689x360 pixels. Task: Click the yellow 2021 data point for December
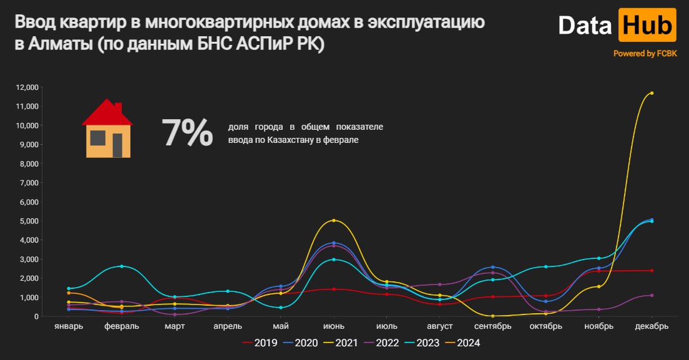click(x=652, y=93)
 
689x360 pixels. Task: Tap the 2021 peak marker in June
click(x=334, y=220)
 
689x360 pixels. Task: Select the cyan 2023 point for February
click(x=122, y=266)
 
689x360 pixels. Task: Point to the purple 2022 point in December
click(x=652, y=295)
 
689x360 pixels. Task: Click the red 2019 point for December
click(x=652, y=270)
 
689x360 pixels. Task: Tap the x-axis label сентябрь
click(x=493, y=326)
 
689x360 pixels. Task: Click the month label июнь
click(x=334, y=326)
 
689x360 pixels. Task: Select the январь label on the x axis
click(x=69, y=326)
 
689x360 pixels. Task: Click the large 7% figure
click(x=187, y=133)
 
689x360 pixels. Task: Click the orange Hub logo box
click(x=647, y=25)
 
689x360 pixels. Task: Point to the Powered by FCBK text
click(x=645, y=54)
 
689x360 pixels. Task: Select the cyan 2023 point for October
click(x=546, y=266)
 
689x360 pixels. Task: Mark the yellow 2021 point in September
click(x=493, y=316)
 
